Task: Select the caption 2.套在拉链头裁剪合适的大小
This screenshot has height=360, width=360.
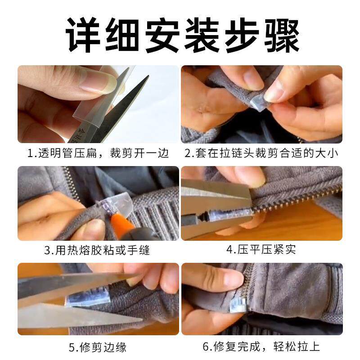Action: pyautogui.click(x=261, y=153)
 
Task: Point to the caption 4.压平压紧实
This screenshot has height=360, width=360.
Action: pyautogui.click(x=261, y=249)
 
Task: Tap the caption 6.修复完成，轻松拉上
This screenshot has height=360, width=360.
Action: pyautogui.click(x=261, y=347)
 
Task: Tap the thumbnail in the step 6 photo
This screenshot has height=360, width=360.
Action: pyautogui.click(x=234, y=279)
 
